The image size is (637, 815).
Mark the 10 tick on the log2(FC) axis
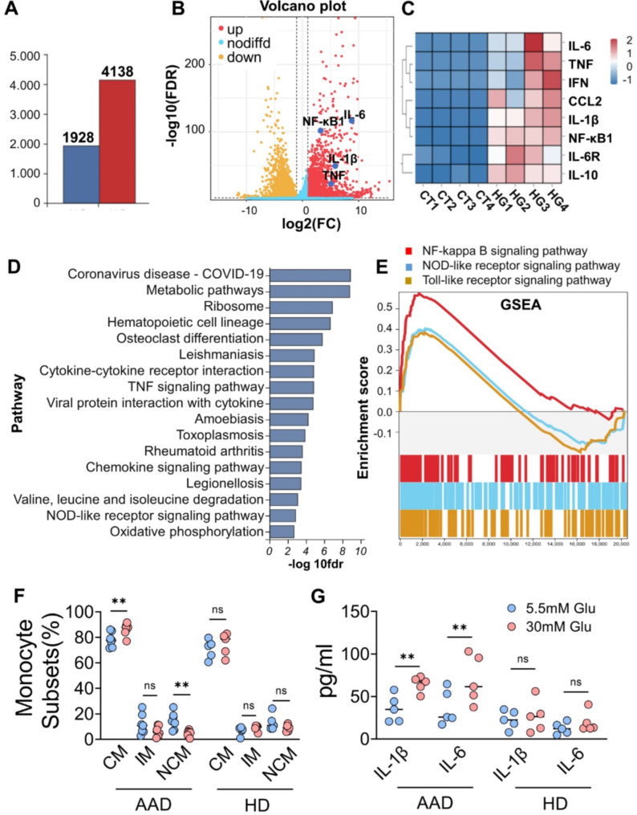coord(361,209)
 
